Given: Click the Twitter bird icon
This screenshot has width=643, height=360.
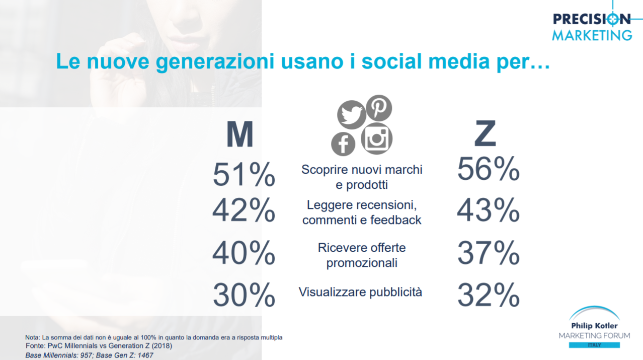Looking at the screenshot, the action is pyautogui.click(x=352, y=115).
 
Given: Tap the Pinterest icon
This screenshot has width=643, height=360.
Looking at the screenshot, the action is pyautogui.click(x=379, y=108).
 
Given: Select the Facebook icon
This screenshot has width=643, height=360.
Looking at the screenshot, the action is pyautogui.click(x=343, y=144).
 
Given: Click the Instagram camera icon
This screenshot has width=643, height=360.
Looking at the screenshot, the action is pyautogui.click(x=377, y=138).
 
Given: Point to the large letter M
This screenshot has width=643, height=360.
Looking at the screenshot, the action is pyautogui.click(x=239, y=134).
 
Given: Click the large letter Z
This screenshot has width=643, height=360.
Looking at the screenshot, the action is pyautogui.click(x=485, y=133).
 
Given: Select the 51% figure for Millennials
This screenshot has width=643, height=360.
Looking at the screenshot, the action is pyautogui.click(x=244, y=174).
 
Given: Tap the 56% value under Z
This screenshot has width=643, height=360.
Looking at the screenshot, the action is pyautogui.click(x=488, y=169).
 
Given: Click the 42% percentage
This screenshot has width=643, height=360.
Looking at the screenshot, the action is pyautogui.click(x=244, y=210).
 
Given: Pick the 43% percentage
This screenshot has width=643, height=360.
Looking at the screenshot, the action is pyautogui.click(x=488, y=210).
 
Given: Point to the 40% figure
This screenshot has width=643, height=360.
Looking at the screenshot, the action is pyautogui.click(x=244, y=253).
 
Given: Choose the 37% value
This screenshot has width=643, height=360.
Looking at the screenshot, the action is pyautogui.click(x=488, y=253).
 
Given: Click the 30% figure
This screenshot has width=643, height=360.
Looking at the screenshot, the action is pyautogui.click(x=244, y=295).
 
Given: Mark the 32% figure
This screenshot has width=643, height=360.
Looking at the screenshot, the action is pyautogui.click(x=488, y=295).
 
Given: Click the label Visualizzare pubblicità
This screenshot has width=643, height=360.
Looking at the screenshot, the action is pyautogui.click(x=360, y=293).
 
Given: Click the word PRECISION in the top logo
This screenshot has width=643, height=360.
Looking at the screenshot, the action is pyautogui.click(x=591, y=20).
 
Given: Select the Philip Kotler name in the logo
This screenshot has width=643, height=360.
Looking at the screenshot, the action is pyautogui.click(x=594, y=326).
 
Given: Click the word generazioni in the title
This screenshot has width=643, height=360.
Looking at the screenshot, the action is pyautogui.click(x=215, y=62).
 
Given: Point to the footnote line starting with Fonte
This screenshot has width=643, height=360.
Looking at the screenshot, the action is pyautogui.click(x=99, y=346).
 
